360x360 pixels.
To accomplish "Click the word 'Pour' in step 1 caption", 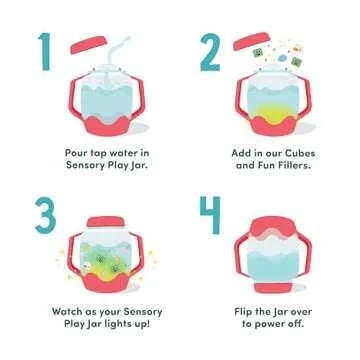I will coord(75,154).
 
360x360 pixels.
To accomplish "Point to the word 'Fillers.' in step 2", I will coord(291,167).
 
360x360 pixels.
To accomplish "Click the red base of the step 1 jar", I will coord(106,124).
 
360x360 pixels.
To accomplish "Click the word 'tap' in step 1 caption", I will coord(100,154).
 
